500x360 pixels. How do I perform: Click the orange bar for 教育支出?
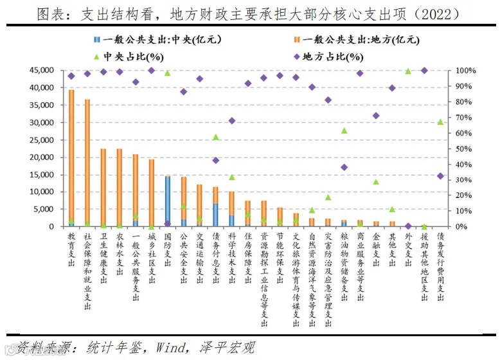click(x=71, y=157)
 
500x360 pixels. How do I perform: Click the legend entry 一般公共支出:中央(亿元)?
click(x=157, y=39)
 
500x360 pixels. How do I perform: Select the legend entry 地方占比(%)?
click(x=326, y=56)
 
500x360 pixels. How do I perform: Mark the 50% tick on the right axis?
click(x=465, y=148)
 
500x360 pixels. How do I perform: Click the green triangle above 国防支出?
click(x=168, y=73)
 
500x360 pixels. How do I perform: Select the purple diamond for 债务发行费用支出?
click(x=440, y=175)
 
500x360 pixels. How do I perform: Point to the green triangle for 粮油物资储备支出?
click(x=344, y=130)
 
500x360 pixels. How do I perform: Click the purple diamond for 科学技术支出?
click(x=232, y=121)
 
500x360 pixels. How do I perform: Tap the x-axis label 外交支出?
click(x=407, y=249)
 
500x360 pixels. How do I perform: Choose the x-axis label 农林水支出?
click(x=120, y=254)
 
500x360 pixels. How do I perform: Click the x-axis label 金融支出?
click(x=375, y=249)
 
